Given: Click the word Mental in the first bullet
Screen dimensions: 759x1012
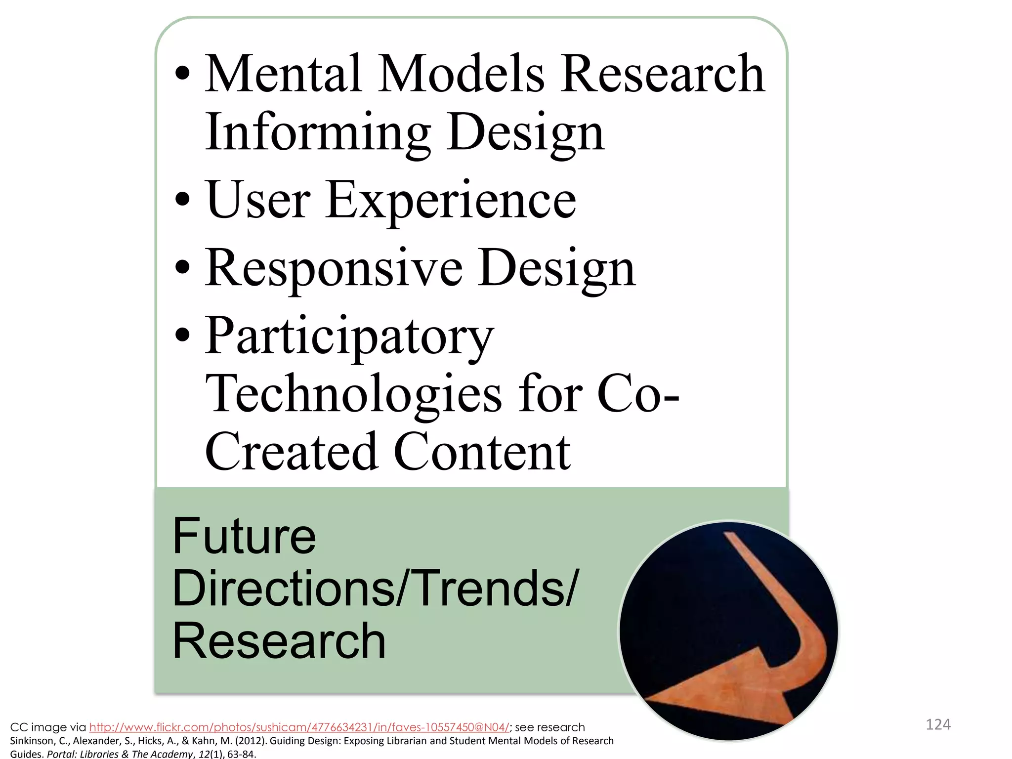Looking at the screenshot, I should (283, 74).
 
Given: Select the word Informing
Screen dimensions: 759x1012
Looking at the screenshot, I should (317, 132).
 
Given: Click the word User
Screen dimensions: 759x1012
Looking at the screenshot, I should (258, 200).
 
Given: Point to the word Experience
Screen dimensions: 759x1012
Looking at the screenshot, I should (450, 200).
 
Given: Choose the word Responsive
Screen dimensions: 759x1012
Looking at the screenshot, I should (334, 268).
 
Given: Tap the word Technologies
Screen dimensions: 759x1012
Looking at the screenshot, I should (353, 394).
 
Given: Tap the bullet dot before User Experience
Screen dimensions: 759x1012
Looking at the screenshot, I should (182, 200).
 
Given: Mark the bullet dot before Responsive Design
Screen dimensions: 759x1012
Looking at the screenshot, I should (182, 268).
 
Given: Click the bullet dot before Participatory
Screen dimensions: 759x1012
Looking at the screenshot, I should (182, 336).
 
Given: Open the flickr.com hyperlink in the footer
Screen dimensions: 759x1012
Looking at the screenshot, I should (299, 727).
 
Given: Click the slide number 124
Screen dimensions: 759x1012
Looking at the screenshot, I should (938, 725).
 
